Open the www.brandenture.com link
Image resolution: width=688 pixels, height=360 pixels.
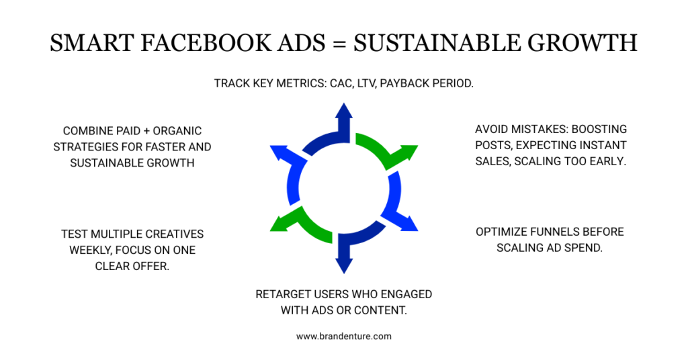[343, 336]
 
